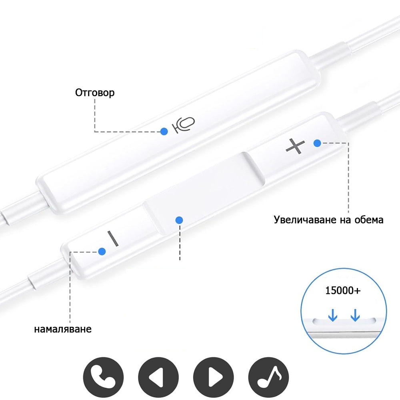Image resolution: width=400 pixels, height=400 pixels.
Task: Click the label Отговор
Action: tap(95, 93)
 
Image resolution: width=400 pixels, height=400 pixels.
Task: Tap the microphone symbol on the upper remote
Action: tap(184, 125)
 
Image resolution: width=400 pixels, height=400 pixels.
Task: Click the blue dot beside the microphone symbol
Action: tap(164, 131)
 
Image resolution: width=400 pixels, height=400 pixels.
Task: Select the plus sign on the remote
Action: tap(295, 146)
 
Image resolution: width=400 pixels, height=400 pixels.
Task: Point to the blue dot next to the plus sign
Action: tap(317, 143)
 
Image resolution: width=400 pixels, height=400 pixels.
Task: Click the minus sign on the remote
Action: tap(113, 238)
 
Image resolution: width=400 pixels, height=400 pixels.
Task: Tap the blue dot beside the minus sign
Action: tap(102, 252)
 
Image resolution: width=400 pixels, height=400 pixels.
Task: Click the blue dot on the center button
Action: tap(179, 220)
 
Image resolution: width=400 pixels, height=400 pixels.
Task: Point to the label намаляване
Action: tap(63, 329)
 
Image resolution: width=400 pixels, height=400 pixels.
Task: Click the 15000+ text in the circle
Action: tap(343, 290)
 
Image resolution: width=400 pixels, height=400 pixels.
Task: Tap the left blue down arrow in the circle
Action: tap(333, 315)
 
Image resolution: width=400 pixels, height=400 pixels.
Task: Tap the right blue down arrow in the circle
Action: tap(355, 315)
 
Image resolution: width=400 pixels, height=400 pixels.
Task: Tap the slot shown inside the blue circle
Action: tap(344, 321)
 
